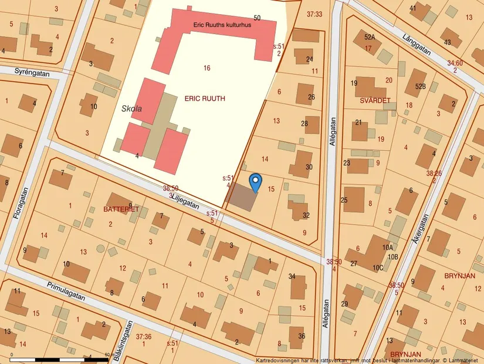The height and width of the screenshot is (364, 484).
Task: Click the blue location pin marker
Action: coord(255,181)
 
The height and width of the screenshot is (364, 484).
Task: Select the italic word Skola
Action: coord(132,109)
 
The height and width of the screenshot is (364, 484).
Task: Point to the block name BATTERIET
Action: coord(121,209)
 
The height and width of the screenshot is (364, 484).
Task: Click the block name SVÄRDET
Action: coord(374,101)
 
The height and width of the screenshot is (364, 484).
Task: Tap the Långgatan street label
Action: coord(417,44)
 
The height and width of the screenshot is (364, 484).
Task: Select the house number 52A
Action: coord(369,36)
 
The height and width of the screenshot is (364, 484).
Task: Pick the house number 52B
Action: coord(420,86)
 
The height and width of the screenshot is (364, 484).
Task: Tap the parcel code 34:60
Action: coord(455,63)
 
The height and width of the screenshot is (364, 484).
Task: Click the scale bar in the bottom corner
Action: coord(59,358)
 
